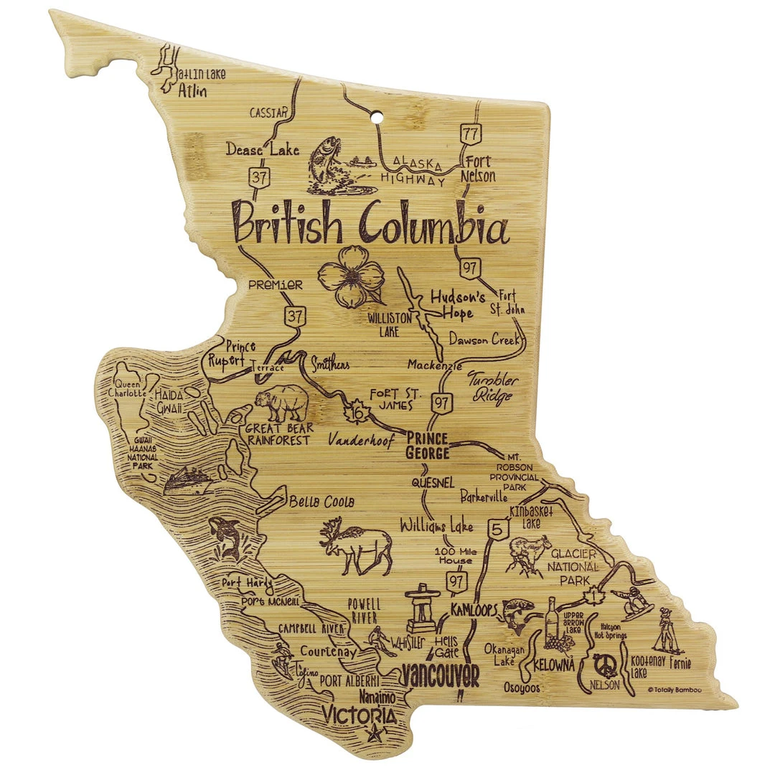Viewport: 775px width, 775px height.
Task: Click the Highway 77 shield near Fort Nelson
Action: [x=471, y=134]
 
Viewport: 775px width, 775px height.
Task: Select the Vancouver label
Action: [x=439, y=675]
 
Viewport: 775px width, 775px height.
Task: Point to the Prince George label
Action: [x=427, y=446]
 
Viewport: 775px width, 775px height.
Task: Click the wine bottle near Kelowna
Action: [x=552, y=621]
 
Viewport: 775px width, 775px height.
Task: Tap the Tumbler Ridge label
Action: [x=492, y=387]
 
